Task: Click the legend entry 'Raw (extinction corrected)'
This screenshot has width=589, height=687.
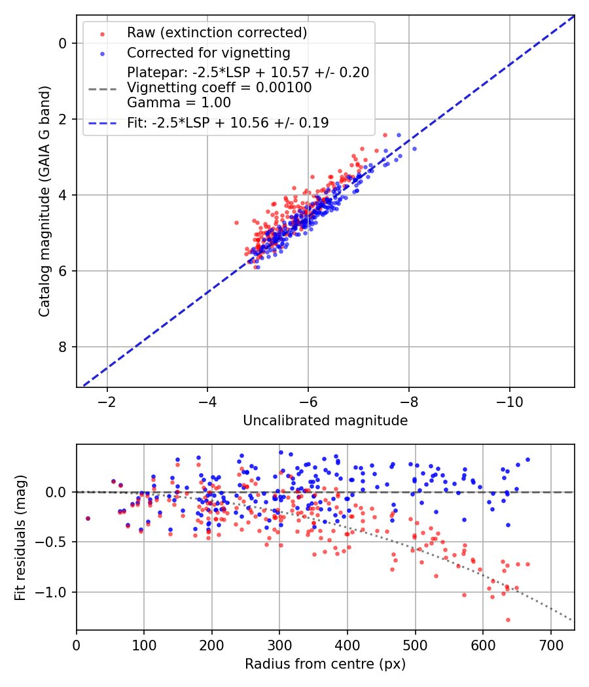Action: click(217, 33)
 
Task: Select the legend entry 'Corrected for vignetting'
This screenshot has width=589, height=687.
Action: click(208, 52)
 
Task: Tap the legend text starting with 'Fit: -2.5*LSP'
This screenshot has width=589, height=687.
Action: click(228, 122)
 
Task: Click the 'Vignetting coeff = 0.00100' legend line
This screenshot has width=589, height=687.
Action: click(219, 88)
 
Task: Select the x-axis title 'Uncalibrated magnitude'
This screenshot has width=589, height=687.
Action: click(325, 421)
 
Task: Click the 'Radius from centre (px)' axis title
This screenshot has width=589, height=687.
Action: click(325, 664)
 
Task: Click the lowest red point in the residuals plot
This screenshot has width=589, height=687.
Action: click(508, 620)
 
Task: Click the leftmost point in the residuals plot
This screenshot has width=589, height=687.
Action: click(88, 518)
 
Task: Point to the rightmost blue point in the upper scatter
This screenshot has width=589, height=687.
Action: click(414, 149)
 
